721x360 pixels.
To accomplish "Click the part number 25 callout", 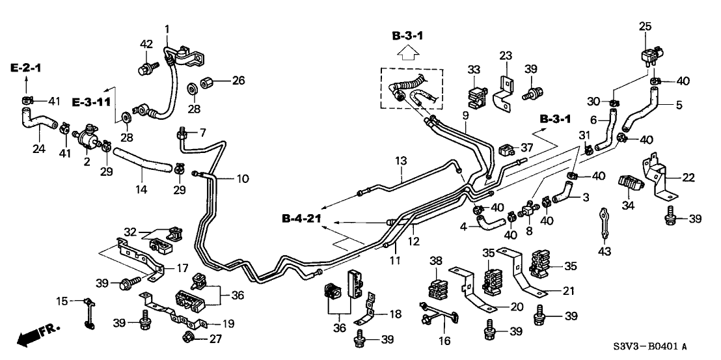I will [644, 26].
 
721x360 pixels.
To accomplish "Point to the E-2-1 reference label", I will [26, 67].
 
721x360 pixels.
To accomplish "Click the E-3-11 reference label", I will [90, 102].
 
